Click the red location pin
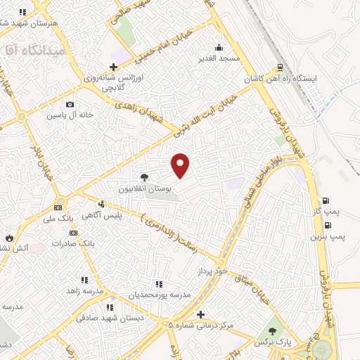click(x=181, y=165)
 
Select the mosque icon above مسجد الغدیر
click(x=219, y=48)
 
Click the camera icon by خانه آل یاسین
click(x=70, y=105)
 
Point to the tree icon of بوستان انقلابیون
click(x=144, y=177)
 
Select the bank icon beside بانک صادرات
click(x=74, y=232)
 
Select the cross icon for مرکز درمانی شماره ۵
click(x=201, y=314)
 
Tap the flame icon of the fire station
click(x=8, y=238)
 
